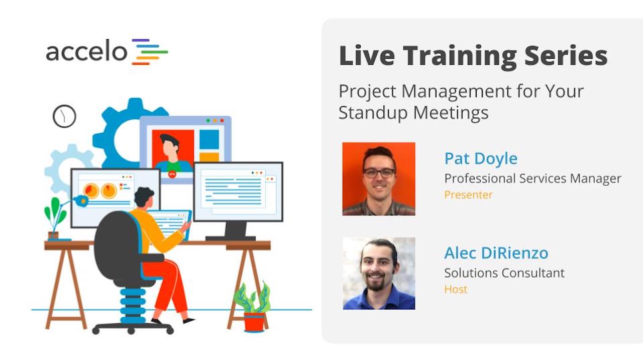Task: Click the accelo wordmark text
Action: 86,52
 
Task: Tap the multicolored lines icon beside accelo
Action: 150,52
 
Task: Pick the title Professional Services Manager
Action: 532,178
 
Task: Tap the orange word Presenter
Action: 468,195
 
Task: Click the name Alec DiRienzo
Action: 496,253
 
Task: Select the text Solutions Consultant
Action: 504,273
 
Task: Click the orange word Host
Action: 456,290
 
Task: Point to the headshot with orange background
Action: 379,178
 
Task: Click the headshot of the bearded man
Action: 379,273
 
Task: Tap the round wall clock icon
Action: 64,116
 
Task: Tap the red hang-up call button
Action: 172,174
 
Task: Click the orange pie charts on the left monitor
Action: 100,191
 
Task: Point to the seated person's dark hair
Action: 144,196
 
